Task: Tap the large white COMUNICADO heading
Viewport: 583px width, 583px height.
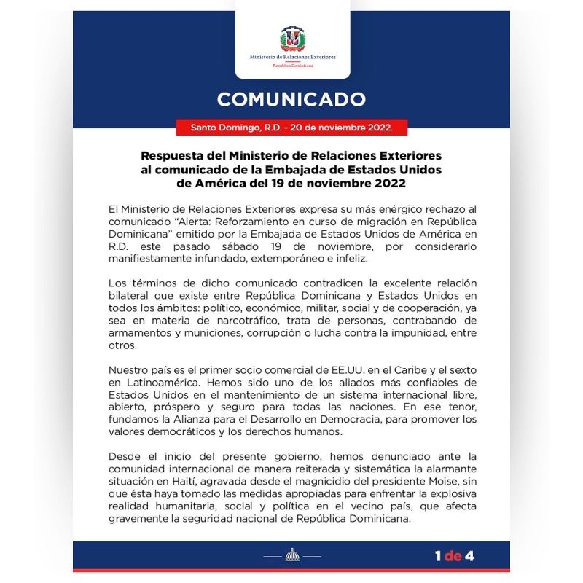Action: tap(291, 99)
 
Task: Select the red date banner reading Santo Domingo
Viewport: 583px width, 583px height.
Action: tap(291, 128)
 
